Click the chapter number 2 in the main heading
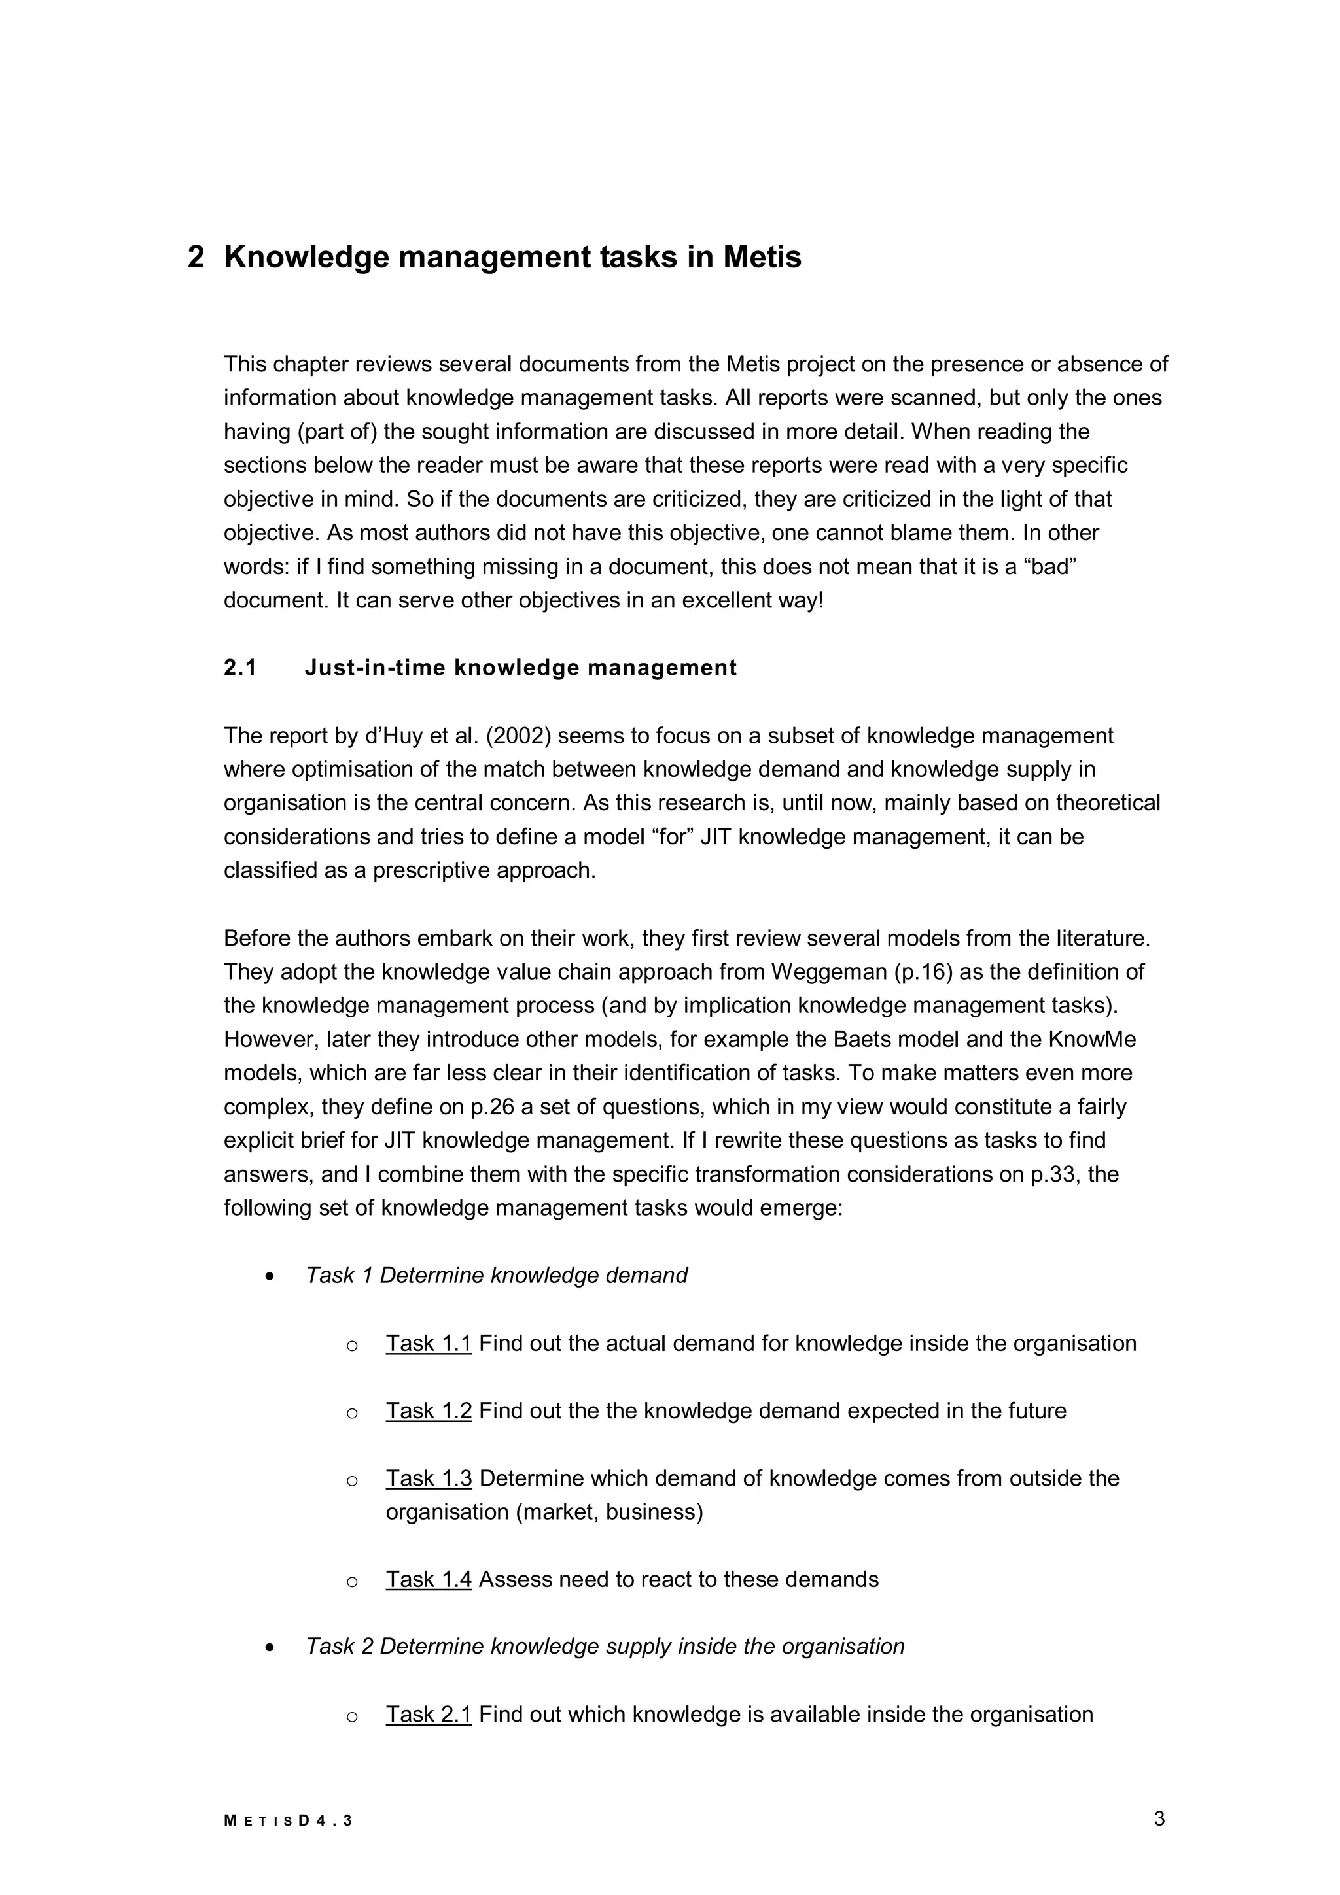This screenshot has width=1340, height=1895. coord(196,258)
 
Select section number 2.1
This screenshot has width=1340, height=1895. coord(240,668)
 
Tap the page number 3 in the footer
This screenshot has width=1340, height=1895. coord(1159,1818)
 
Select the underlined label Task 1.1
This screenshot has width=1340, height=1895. coord(429,1344)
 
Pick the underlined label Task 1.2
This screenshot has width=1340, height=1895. coord(429,1411)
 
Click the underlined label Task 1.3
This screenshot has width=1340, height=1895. coord(429,1478)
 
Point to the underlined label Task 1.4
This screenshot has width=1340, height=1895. coord(429,1580)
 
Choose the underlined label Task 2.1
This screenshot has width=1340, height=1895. coord(429,1715)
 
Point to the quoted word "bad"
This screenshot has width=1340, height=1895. coord(1050,567)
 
